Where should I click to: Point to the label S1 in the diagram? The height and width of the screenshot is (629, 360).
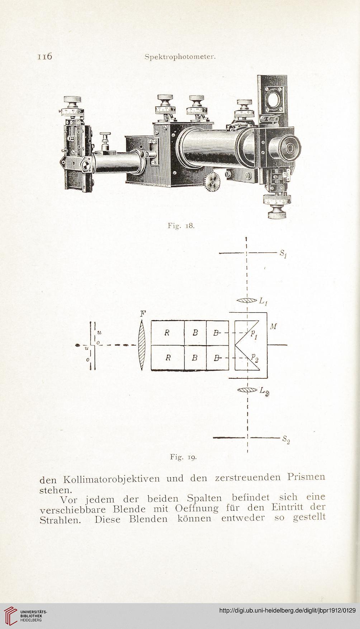pos(283,254)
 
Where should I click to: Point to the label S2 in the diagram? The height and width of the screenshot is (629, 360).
pos(286,439)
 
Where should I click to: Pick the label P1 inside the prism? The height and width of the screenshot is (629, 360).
pos(254,335)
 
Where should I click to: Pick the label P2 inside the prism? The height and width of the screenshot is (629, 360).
pos(254,356)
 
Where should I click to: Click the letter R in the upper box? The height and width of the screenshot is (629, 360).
pos(167,332)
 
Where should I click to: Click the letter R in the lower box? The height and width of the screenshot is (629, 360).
pos(167,358)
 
